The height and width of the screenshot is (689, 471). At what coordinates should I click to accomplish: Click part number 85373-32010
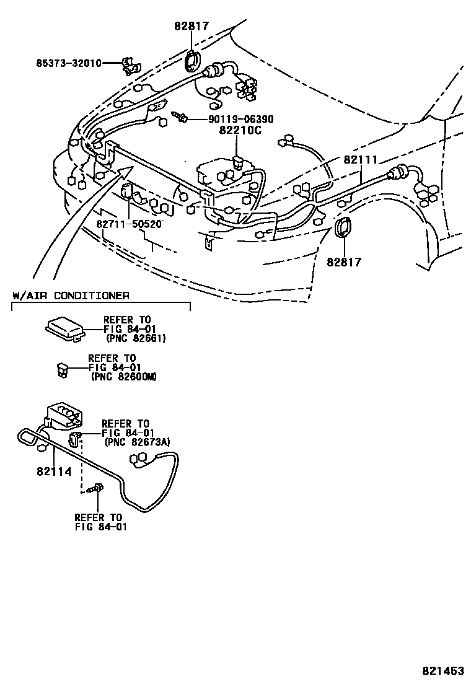point(68,63)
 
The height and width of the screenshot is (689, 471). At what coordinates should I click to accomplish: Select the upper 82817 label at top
point(191,26)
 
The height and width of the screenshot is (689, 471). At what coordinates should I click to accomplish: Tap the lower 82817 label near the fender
point(344,262)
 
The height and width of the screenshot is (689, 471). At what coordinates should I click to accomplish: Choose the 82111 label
point(360,160)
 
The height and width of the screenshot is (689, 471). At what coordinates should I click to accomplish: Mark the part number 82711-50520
point(129,223)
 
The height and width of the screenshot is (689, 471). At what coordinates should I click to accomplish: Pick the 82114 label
point(54,472)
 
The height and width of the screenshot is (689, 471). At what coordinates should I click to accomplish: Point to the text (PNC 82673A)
point(138,441)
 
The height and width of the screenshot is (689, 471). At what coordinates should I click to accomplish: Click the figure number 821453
point(443,671)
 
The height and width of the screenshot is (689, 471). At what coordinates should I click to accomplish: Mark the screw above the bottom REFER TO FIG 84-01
point(97,490)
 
